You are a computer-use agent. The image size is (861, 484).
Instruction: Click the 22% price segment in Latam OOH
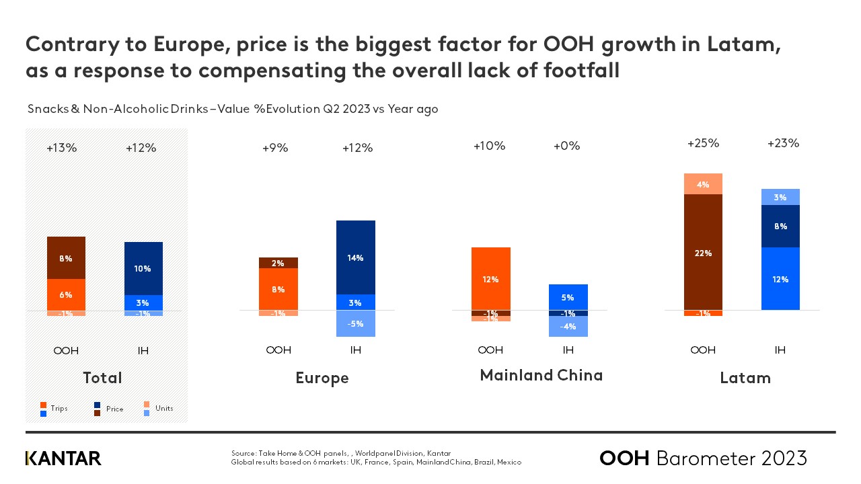click(x=703, y=253)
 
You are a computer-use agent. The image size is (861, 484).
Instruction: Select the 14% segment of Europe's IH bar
click(x=356, y=257)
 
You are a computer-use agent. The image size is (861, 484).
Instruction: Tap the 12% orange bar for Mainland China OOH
click(x=491, y=279)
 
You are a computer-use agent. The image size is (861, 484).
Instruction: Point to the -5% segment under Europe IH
click(x=356, y=323)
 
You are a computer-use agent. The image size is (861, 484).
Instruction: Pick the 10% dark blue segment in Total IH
click(x=143, y=268)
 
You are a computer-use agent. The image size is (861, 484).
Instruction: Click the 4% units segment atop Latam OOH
click(x=703, y=184)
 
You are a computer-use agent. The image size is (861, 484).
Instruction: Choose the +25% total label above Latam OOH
click(x=703, y=143)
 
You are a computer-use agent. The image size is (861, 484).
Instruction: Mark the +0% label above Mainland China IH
click(x=566, y=146)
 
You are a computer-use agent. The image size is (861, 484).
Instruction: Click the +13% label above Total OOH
click(x=62, y=148)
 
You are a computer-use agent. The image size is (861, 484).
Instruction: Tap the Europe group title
click(x=322, y=378)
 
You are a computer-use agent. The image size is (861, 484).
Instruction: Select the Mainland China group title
click(x=541, y=375)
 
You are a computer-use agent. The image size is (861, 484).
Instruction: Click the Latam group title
click(x=745, y=378)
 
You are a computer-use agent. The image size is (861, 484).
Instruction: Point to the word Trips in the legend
click(x=59, y=408)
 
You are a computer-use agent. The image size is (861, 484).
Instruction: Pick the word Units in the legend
click(x=164, y=408)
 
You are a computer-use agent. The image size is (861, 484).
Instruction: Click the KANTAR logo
click(x=63, y=458)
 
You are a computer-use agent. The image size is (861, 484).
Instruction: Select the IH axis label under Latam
click(x=780, y=350)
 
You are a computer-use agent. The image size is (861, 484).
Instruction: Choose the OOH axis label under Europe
click(x=278, y=350)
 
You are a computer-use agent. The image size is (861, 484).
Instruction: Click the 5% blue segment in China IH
click(x=568, y=296)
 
